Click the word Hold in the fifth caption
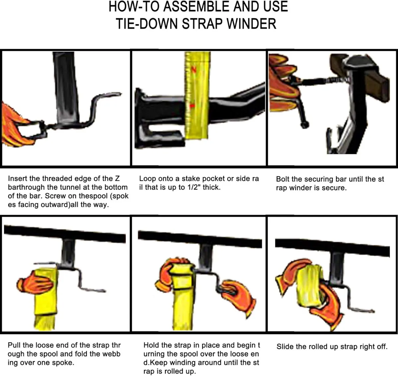click(x=151, y=345)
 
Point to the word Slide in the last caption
click(x=285, y=347)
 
